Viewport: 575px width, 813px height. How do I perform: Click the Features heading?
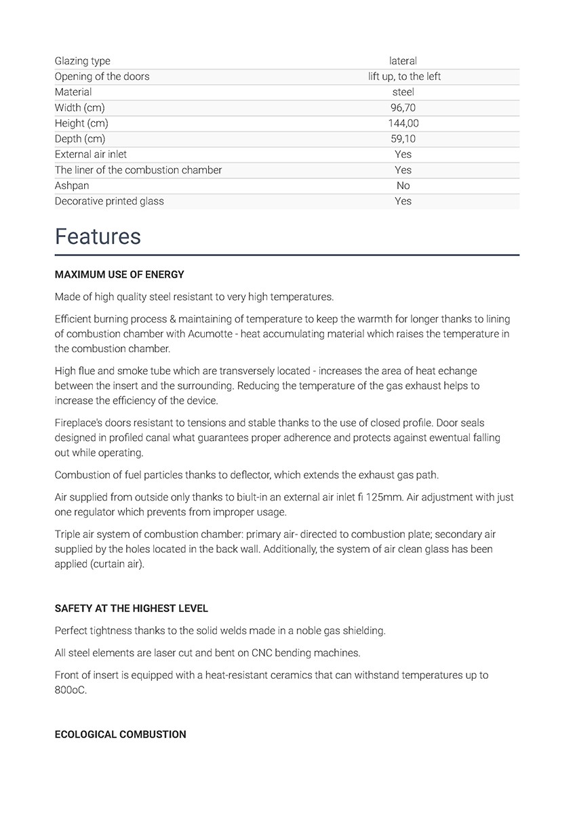[98, 236]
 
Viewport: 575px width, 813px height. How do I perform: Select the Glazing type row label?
[82, 61]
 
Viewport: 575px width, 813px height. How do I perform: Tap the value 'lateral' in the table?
[403, 61]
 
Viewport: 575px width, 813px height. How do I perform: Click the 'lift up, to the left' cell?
[404, 77]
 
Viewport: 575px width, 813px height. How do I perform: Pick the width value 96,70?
[403, 108]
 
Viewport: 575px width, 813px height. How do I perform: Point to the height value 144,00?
[403, 123]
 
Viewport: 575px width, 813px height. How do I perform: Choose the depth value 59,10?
[403, 139]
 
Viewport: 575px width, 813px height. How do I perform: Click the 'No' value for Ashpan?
[403, 186]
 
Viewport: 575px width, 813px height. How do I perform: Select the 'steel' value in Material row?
[403, 92]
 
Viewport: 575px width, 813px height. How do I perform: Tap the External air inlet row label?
[91, 154]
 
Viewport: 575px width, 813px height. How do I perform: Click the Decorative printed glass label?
[109, 201]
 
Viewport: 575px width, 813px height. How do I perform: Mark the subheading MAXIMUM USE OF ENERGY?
[119, 275]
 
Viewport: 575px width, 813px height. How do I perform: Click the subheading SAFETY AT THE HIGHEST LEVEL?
[132, 608]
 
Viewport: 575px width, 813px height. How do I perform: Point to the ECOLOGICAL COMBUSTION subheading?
[120, 734]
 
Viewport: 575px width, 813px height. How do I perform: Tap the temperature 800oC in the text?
[70, 690]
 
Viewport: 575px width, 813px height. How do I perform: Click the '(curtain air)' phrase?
[99, 564]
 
